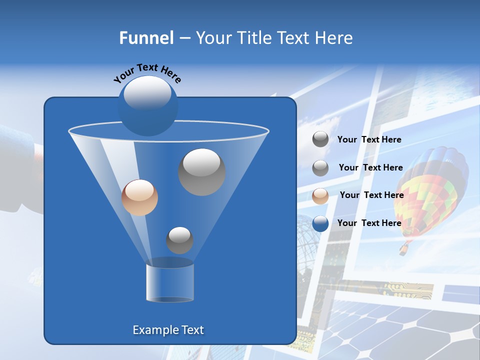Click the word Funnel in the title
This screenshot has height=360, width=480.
[146, 38]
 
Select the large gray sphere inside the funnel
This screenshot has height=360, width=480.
[201, 171]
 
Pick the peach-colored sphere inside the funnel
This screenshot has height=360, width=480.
[139, 197]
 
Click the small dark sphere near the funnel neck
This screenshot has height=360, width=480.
[179, 240]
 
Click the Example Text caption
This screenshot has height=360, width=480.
[168, 330]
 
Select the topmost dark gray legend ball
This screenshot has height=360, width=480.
[320, 139]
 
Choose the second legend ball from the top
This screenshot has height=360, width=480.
[320, 168]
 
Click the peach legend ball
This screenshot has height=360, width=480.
[320, 195]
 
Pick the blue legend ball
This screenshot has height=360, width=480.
[320, 223]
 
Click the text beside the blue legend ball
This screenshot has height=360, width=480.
[369, 223]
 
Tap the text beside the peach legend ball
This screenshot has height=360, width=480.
[371, 195]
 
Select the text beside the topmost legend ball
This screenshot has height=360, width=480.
[369, 139]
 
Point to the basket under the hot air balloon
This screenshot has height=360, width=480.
[403, 249]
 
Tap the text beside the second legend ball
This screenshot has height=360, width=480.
[370, 167]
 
